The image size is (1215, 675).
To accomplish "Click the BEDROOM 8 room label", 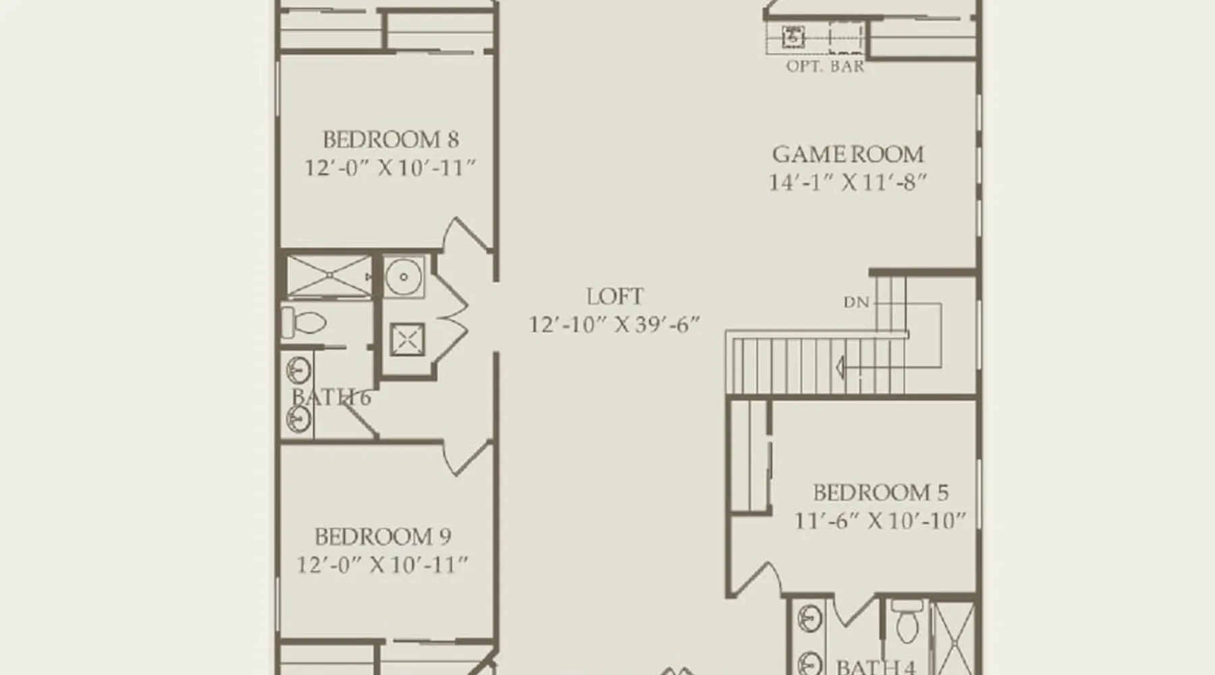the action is coord(391,140).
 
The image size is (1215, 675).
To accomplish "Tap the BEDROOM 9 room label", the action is coord(383,537).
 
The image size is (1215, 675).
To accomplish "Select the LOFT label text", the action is coord(615,296).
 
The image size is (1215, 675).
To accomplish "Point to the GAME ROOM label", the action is coord(848,154).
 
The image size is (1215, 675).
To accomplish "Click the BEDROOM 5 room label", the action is coord(880,493).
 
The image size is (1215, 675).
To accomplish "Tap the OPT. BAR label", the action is coord(825,66).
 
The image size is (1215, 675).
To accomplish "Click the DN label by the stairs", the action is coord(856,302).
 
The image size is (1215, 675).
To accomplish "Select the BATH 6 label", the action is coord(331,397).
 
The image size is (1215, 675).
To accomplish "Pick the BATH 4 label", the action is coord(875,667).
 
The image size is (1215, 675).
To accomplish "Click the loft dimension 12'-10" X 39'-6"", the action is coord(614,325).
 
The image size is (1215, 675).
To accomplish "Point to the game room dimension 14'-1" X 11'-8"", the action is coord(848,182).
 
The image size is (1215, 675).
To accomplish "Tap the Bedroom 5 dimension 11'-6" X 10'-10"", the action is coord(880,521).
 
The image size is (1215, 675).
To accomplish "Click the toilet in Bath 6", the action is coord(303,322).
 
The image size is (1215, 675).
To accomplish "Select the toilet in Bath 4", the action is coord(907,622).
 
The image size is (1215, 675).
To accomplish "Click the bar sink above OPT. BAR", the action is coord(793,36).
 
